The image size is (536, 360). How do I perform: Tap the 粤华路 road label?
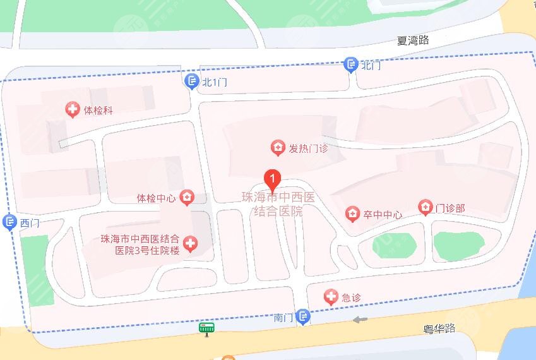click(x=439, y=328)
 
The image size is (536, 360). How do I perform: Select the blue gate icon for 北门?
click(x=351, y=64)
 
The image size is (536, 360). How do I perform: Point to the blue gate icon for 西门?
click(x=9, y=222)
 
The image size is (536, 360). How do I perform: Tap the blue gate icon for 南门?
click(x=304, y=316)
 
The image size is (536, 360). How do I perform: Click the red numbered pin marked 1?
click(x=272, y=179)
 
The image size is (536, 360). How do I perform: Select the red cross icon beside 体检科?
click(x=74, y=110)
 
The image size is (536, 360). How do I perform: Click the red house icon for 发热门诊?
click(x=277, y=148)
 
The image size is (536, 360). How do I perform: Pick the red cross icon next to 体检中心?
click(x=186, y=198)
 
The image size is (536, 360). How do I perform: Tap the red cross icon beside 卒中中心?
click(x=352, y=214)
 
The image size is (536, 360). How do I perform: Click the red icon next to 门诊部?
click(x=426, y=207)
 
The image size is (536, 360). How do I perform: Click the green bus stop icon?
click(x=206, y=328)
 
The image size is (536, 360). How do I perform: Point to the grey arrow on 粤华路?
click(x=360, y=320)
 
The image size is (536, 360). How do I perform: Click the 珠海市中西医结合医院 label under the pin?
click(x=278, y=205)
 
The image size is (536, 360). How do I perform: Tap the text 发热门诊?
click(x=309, y=149)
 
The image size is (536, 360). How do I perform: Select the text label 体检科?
click(x=98, y=111)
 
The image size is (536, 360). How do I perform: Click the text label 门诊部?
click(x=451, y=208)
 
